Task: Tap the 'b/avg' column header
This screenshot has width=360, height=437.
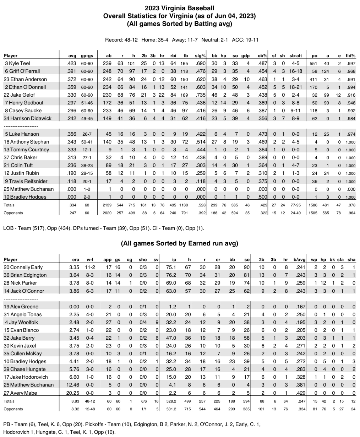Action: point(296,259)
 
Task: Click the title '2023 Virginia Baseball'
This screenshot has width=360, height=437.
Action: point(180,7)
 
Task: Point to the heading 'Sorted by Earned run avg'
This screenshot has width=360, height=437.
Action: point(180,243)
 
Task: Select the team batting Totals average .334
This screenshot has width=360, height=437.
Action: point(72,205)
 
